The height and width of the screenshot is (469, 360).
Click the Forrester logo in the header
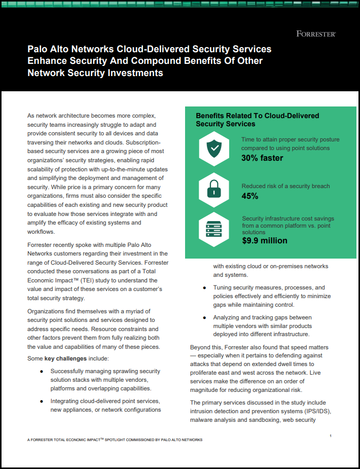316,34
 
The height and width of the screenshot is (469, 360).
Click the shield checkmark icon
214,148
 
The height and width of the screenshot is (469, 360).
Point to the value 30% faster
262,158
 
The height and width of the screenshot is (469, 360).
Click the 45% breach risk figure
250,196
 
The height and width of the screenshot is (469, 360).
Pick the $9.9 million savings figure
265,240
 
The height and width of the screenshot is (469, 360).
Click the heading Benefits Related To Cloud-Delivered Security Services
258,120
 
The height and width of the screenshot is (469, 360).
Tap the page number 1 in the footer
331,436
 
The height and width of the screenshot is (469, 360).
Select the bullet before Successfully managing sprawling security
42,372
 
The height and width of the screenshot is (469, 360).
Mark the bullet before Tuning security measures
204,288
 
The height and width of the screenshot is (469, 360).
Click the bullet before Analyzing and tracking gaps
204,318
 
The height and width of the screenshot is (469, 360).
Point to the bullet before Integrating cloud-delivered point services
42,401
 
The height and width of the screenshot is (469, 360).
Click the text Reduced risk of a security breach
285,186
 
